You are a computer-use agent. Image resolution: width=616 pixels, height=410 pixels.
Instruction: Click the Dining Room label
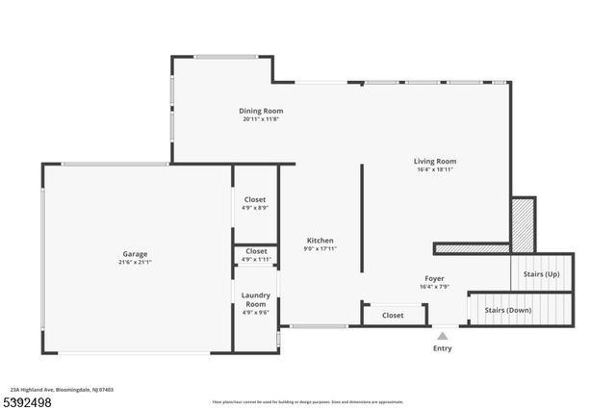click(262, 111)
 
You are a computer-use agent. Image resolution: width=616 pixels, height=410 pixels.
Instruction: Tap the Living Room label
click(435, 162)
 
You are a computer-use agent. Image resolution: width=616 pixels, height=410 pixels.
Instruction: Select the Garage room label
click(135, 254)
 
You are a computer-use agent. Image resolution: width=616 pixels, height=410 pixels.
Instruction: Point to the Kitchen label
click(320, 241)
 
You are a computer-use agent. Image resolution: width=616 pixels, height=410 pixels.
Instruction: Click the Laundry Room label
click(255, 299)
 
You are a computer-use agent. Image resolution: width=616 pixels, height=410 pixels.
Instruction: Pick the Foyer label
click(435, 278)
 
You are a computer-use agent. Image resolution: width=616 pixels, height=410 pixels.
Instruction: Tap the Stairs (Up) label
click(541, 274)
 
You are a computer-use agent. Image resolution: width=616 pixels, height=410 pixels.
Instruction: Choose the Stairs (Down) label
click(507, 310)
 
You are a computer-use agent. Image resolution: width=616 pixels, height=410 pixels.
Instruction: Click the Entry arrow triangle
click(443, 336)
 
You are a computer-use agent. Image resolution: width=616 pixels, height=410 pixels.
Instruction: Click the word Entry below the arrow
click(443, 348)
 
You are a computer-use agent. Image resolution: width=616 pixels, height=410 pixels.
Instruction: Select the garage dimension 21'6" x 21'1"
click(135, 262)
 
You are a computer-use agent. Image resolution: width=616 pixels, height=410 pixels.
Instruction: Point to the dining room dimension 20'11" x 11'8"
click(262, 119)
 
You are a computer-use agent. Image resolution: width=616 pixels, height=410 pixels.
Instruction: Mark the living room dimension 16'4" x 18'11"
click(435, 170)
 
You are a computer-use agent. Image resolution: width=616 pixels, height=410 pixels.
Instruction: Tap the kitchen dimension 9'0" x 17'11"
click(320, 249)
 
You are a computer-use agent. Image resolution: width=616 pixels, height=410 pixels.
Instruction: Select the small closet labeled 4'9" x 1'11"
click(255, 254)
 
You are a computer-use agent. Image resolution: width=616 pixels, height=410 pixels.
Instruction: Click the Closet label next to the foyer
click(393, 315)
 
